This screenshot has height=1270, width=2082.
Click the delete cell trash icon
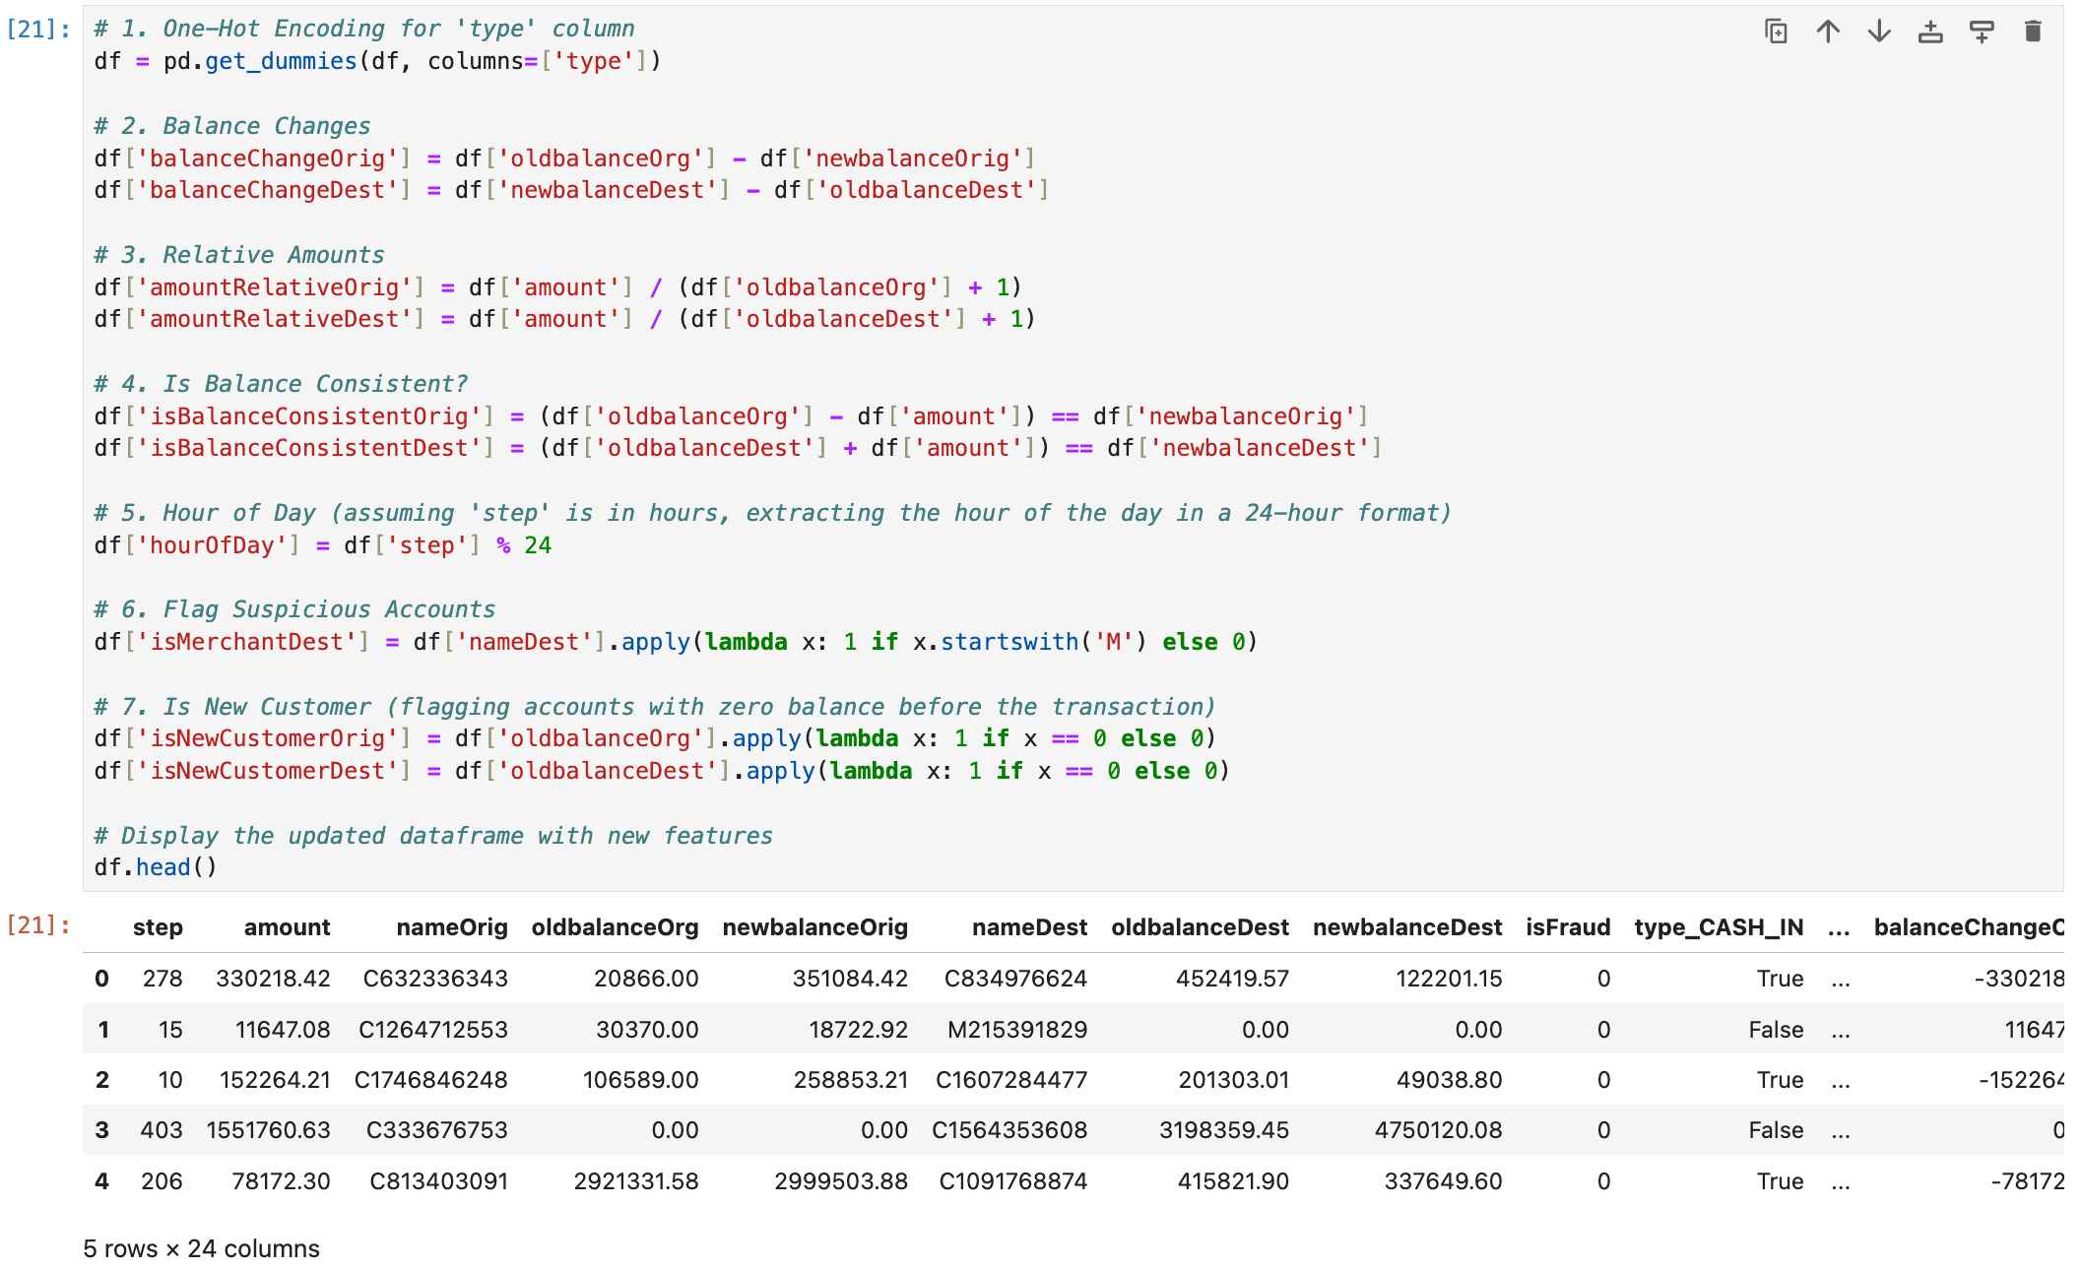coord(2032,32)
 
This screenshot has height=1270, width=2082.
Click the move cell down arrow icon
coord(1879,32)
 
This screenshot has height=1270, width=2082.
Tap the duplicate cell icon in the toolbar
coord(1776,32)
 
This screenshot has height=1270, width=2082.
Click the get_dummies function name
coord(281,61)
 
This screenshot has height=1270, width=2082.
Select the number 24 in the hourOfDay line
coord(538,545)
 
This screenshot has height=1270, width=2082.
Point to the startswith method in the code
coord(1009,642)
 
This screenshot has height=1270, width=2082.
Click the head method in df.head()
coord(163,867)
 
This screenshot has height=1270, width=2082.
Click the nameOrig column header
coord(451,927)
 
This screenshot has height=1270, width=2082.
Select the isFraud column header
coord(1568,927)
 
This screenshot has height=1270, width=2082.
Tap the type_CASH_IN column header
coord(1719,927)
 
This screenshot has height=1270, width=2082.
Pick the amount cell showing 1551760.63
coord(268,1130)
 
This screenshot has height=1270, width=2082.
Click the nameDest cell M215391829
coord(1016,1030)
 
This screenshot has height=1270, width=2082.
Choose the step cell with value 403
coord(162,1130)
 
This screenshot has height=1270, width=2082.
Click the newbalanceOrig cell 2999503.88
coord(840,1181)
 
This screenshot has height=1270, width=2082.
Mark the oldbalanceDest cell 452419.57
coord(1232,979)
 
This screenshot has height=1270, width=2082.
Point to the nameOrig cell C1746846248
coord(430,1080)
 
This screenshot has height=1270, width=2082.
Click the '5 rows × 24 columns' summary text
coord(202,1249)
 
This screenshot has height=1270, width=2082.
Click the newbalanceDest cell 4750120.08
coord(1438,1130)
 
